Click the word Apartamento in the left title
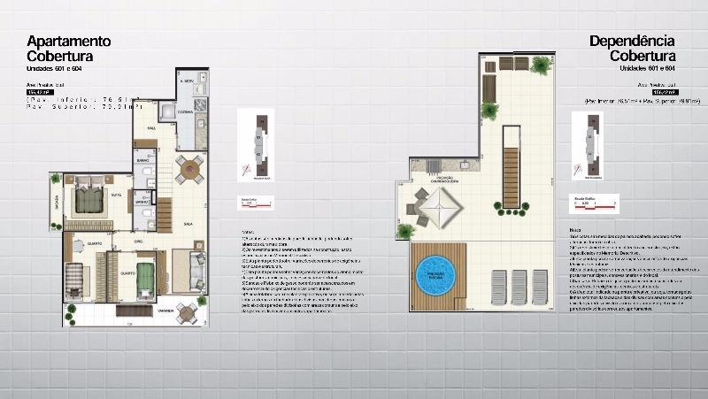[69, 41]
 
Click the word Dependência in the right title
[632, 41]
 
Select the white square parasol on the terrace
[440, 209]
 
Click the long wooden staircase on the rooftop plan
[510, 177]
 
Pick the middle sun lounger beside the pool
[518, 286]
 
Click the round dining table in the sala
[189, 168]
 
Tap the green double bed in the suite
[89, 199]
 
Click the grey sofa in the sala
[196, 271]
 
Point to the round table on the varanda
[187, 312]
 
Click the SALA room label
[188, 224]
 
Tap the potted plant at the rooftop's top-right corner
[541, 65]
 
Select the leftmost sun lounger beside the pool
[497, 286]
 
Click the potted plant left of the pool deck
[404, 231]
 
